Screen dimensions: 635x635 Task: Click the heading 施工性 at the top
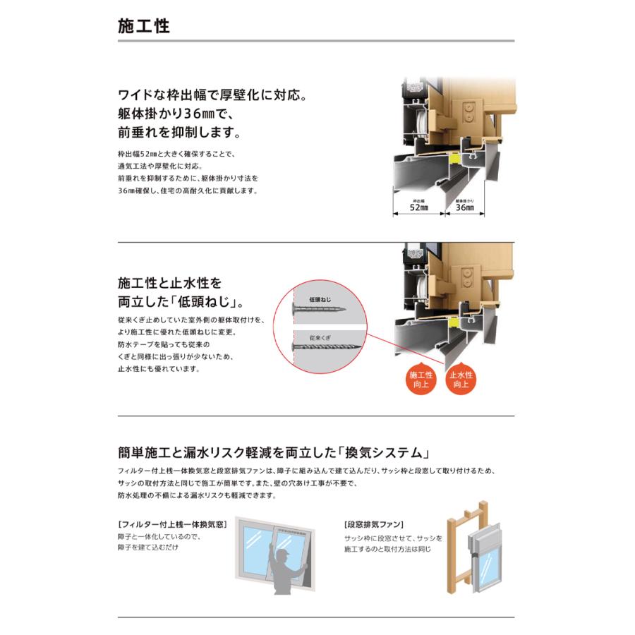(143, 26)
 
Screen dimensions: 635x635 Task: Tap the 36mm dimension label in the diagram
(464, 208)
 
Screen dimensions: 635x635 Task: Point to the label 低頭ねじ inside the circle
(320, 299)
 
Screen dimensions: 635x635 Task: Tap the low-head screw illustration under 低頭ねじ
(317, 309)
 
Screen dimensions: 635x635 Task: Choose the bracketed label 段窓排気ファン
(374, 525)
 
